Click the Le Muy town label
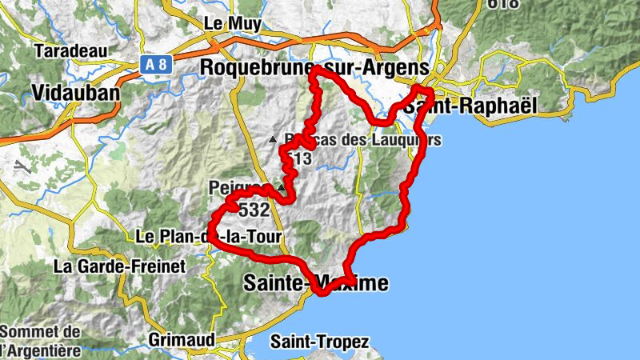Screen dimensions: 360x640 [x=233, y=23]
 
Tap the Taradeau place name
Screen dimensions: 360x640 [x=72, y=51]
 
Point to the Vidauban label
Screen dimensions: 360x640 [x=76, y=93]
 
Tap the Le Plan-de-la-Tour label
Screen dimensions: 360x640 [x=209, y=237]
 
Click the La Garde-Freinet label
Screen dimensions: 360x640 [x=119, y=265]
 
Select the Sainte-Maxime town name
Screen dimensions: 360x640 [x=315, y=282]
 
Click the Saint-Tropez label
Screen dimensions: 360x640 [x=320, y=342]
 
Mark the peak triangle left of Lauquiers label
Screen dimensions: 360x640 [x=273, y=139]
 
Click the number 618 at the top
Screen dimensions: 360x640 [x=503, y=4]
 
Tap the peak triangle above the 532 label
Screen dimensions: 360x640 [x=280, y=187]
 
